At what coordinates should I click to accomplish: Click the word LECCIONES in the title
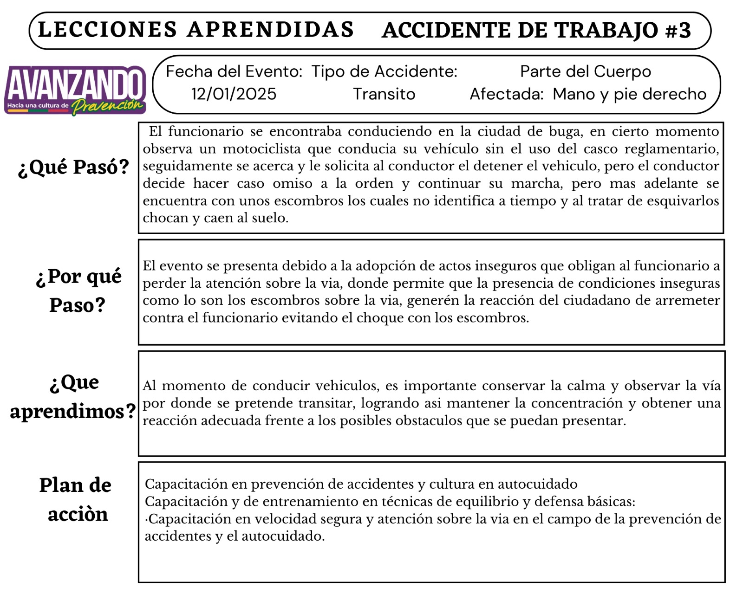pos(107,29)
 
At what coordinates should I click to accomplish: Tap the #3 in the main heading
pos(678,30)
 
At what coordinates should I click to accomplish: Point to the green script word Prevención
pos(108,105)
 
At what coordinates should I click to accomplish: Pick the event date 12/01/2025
pos(234,94)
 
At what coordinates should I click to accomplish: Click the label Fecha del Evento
pos(234,71)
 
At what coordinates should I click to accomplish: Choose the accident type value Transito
pos(384,94)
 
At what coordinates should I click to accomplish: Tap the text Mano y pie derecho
pos(629,94)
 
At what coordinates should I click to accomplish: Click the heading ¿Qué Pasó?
pos(73,167)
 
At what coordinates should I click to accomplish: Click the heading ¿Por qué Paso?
pos(78,291)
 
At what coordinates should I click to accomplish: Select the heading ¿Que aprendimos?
pos(73,397)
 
